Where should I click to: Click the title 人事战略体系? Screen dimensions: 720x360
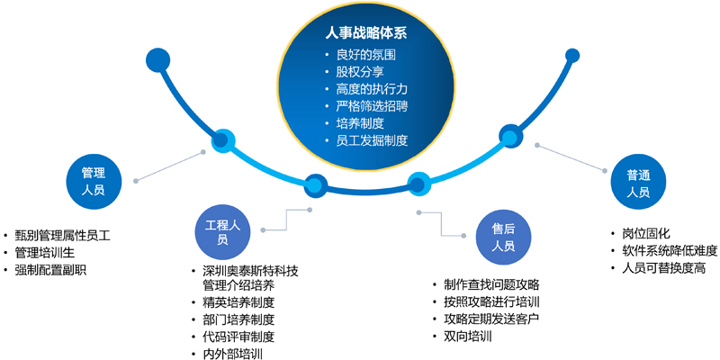[366, 34]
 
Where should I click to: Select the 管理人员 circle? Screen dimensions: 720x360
[94, 182]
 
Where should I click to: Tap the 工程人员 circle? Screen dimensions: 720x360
[222, 232]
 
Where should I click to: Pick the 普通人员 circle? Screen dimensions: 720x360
[638, 183]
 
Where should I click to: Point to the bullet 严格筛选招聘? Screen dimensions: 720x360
[372, 106]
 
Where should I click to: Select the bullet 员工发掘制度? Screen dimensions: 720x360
[372, 140]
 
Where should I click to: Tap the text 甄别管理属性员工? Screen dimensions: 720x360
[62, 237]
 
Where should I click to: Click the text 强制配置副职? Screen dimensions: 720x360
[50, 271]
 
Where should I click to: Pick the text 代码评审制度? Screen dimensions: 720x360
[238, 337]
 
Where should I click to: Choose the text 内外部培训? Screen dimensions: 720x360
[233, 354]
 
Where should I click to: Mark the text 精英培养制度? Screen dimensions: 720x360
[238, 303]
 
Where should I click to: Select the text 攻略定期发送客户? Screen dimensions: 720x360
[491, 319]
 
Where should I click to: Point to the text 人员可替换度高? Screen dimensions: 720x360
[664, 267]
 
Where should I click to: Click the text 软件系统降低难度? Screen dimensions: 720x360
[670, 251]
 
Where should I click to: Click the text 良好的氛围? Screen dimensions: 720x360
[366, 55]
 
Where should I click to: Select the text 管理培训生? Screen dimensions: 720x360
[44, 254]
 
